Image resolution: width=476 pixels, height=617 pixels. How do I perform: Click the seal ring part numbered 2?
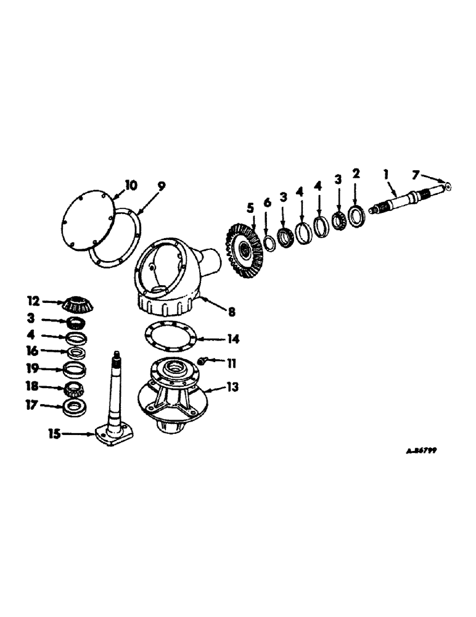(x=356, y=216)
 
